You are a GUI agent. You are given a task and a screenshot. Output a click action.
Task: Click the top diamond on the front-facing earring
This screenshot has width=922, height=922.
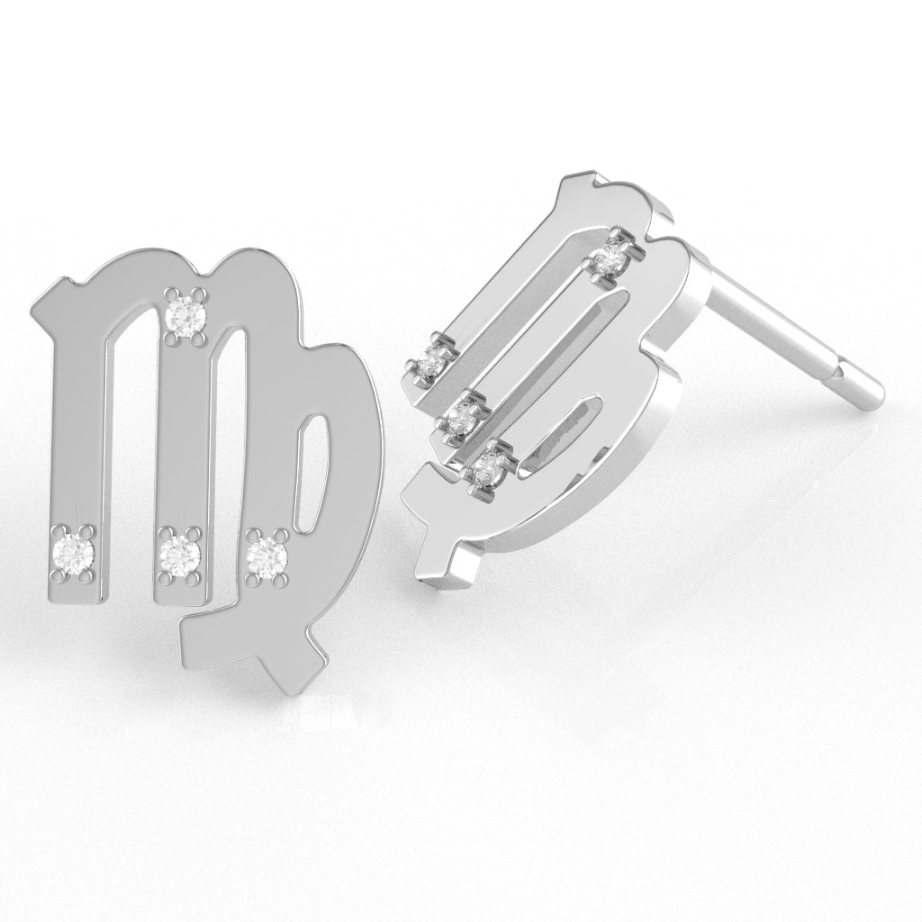[x=187, y=313]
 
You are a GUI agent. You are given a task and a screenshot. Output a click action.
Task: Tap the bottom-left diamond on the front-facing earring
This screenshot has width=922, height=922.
[x=73, y=551]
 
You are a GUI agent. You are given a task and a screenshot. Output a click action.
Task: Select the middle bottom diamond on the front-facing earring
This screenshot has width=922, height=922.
[x=178, y=551]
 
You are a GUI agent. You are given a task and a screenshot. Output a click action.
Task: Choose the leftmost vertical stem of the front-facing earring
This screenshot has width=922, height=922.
[x=78, y=432]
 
